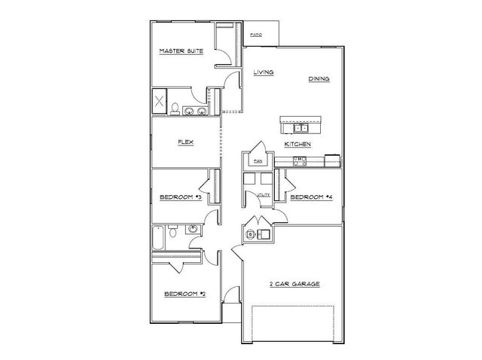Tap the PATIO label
(x=256, y=35)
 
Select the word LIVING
(x=263, y=72)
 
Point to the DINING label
(x=319, y=78)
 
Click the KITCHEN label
(x=297, y=143)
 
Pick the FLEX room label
(x=185, y=142)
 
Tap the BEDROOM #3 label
(x=179, y=197)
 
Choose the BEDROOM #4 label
(x=311, y=197)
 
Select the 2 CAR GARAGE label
(x=295, y=284)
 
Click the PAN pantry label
(x=257, y=161)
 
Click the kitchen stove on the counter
(x=298, y=160)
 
